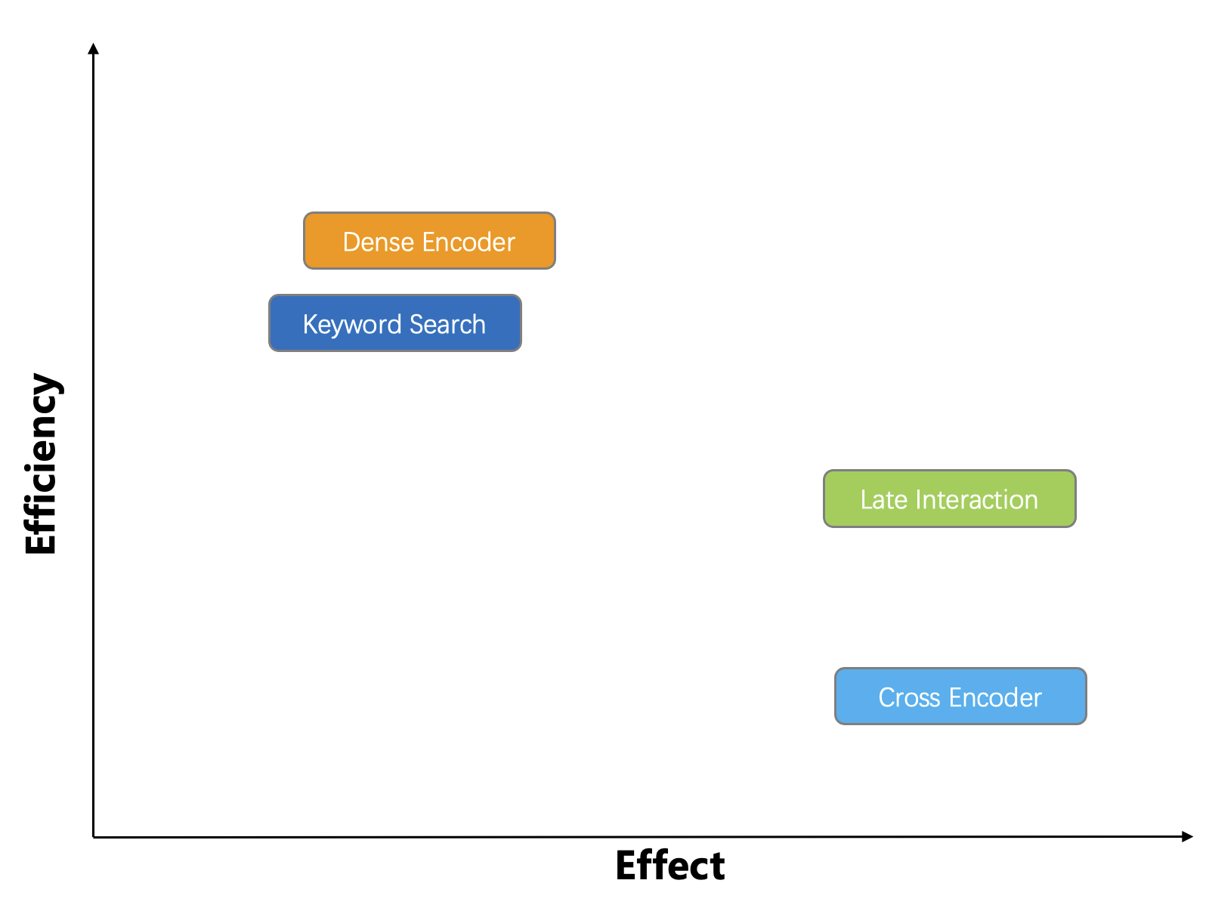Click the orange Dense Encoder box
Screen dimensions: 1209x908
click(429, 241)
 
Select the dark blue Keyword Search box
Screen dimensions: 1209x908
click(395, 323)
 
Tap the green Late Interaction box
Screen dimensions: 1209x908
click(949, 499)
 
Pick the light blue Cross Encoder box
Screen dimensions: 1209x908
click(960, 696)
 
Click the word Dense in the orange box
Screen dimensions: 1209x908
click(379, 242)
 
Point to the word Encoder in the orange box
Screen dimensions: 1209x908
click(468, 242)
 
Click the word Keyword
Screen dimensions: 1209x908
click(352, 325)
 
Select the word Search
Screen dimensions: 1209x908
click(447, 324)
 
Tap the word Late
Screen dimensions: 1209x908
click(884, 499)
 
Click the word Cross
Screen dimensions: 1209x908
click(909, 697)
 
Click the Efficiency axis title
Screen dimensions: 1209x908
click(42, 463)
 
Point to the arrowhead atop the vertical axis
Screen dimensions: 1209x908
click(93, 48)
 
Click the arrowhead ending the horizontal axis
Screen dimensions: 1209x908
click(1187, 836)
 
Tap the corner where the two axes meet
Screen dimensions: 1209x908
click(94, 837)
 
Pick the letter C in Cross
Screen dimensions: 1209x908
click(887, 697)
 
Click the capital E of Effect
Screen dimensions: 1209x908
click(626, 865)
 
